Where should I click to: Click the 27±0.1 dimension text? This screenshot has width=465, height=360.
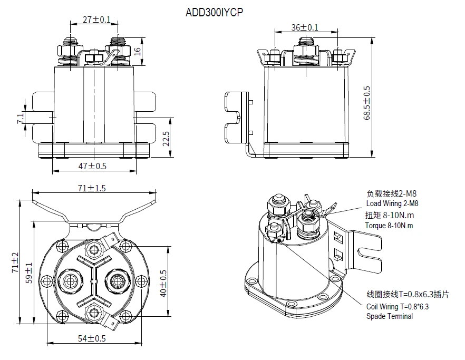point(96,20)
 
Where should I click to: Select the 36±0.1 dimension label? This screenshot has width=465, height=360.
point(305,27)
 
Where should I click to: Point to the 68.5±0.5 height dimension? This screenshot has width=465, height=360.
point(367,103)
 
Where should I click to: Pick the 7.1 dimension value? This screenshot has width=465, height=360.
point(20,118)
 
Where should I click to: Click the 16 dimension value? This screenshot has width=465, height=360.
point(137,51)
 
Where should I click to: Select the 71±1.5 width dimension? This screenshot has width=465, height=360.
point(93,187)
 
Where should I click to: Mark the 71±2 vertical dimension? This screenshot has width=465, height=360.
point(15,262)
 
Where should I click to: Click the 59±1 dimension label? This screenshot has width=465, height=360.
point(30,272)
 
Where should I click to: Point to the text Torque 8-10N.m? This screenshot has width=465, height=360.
point(389,226)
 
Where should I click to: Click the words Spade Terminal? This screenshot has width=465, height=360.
point(390,316)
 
